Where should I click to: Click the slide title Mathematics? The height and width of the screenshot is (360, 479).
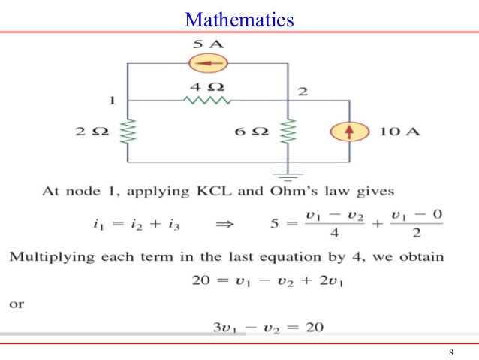[x=239, y=19]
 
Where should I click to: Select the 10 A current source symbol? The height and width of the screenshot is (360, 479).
[x=350, y=132]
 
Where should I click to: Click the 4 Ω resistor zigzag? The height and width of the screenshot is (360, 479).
[x=208, y=100]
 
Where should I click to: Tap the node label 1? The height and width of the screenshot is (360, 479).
[x=112, y=99]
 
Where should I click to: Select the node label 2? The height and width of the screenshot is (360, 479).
[x=302, y=92]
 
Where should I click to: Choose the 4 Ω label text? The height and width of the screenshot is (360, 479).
[x=208, y=86]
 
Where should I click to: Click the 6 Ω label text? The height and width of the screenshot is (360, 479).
[x=252, y=132]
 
